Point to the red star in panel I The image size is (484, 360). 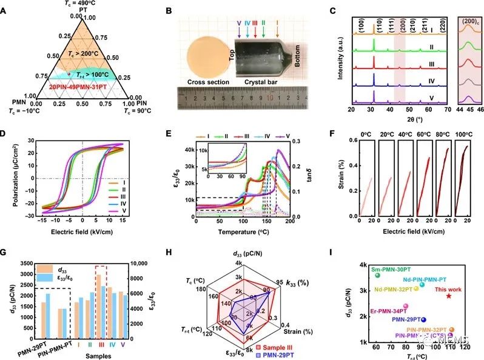coord(449,295)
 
